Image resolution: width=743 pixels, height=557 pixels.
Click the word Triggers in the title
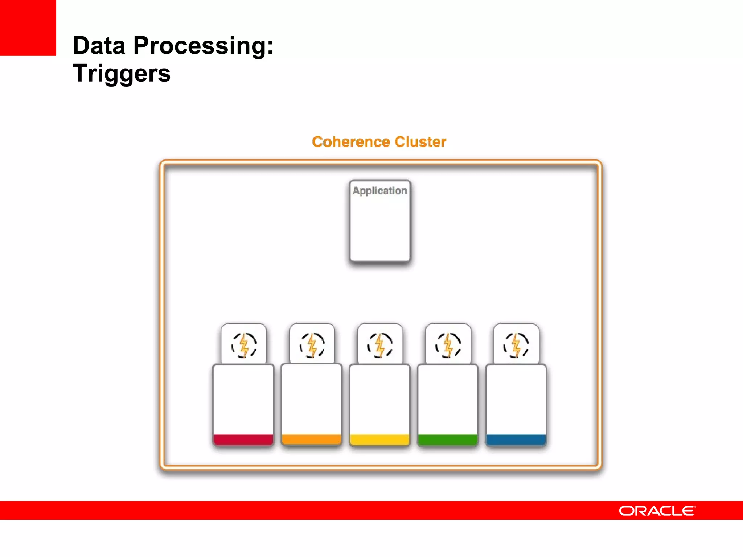(121, 73)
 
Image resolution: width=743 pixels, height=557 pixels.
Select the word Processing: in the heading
(203, 46)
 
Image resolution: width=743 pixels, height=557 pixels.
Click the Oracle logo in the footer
(657, 511)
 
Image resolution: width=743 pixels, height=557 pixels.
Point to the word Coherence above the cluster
(351, 142)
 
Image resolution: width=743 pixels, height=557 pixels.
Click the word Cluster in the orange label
(420, 142)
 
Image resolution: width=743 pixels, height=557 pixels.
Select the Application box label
(379, 191)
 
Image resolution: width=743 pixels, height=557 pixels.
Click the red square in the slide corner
(28, 28)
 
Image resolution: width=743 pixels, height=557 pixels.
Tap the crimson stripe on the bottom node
(243, 440)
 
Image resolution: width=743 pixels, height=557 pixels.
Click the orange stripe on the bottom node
(311, 440)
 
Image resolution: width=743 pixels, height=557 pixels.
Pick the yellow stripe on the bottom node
(379, 440)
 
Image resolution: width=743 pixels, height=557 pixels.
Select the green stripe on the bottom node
(448, 440)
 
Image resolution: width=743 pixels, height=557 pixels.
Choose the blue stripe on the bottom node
(516, 440)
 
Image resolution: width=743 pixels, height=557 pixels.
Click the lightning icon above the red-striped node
(244, 345)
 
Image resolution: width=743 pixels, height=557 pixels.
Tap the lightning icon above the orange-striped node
(312, 345)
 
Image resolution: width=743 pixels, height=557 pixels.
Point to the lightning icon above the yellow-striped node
(380, 345)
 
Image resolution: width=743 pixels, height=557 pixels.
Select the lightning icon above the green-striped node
(448, 345)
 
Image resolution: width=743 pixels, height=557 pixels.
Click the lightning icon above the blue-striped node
(516, 345)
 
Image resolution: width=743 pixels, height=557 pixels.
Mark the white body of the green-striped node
(448, 399)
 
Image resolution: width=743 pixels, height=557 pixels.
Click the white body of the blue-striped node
(516, 399)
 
